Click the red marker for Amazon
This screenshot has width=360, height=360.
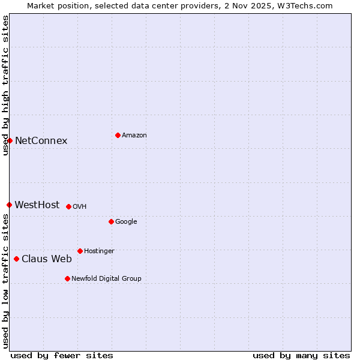pos(118,135)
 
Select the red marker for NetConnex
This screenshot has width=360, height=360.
pos(10,140)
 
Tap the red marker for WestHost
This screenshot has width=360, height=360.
pos(9,205)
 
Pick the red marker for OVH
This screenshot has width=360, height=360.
pos(68,206)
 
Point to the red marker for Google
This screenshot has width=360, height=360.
pos(111,221)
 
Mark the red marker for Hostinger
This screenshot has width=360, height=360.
pos(80,251)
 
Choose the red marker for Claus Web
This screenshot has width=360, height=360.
pos(16,259)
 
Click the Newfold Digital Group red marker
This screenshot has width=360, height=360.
pos(67,278)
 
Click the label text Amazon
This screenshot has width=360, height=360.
pos(134,135)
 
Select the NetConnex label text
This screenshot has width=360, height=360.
pos(41,141)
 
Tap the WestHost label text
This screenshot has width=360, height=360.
pos(37,205)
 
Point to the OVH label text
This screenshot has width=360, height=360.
pos(80,206)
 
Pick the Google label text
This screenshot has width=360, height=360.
pos(126,221)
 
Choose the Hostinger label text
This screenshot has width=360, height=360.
pos(99,251)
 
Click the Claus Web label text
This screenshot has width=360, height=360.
pos(47,259)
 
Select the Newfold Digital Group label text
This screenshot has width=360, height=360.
pos(106,278)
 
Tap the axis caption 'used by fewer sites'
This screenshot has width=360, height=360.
pos(62,355)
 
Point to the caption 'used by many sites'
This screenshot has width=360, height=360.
pos(301,355)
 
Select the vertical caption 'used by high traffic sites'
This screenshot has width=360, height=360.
pos(5,85)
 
